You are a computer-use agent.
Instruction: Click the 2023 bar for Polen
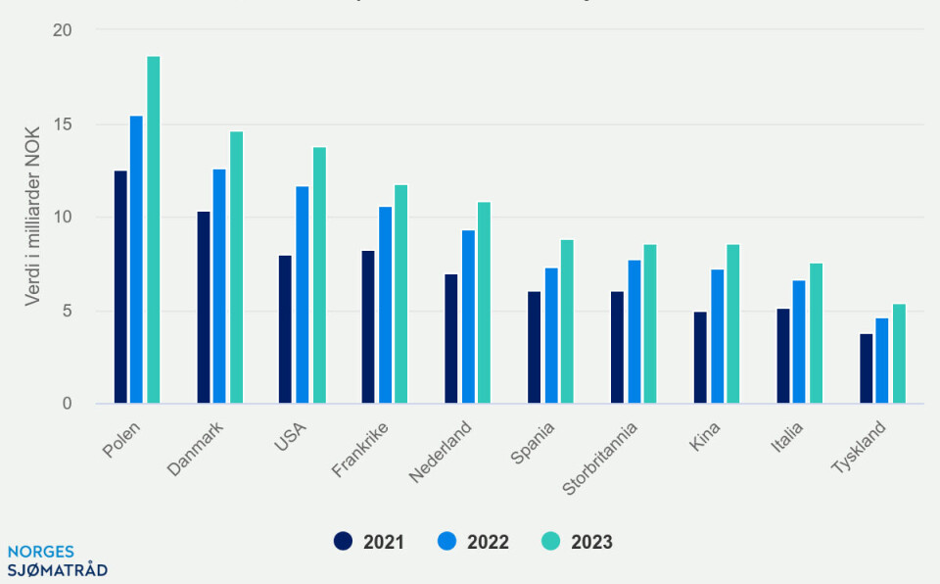pyautogui.click(x=153, y=230)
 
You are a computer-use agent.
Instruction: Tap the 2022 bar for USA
pyautogui.click(x=302, y=295)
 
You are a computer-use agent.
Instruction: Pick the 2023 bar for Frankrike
pyautogui.click(x=400, y=294)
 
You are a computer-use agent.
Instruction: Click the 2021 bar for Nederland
pyautogui.click(x=450, y=339)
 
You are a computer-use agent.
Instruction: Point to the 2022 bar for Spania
pyautogui.click(x=551, y=336)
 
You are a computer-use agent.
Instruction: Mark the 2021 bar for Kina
pyautogui.click(x=699, y=358)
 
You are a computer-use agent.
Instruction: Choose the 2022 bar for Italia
pyautogui.click(x=799, y=342)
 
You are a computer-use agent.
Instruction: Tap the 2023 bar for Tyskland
pyautogui.click(x=899, y=354)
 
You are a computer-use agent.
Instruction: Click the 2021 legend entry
pyautogui.click(x=369, y=542)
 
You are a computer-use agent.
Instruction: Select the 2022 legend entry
pyautogui.click(x=473, y=542)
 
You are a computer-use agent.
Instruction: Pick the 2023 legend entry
pyautogui.click(x=577, y=542)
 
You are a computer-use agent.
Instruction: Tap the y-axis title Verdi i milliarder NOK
pyautogui.click(x=32, y=218)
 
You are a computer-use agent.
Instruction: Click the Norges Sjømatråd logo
pyautogui.click(x=57, y=560)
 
